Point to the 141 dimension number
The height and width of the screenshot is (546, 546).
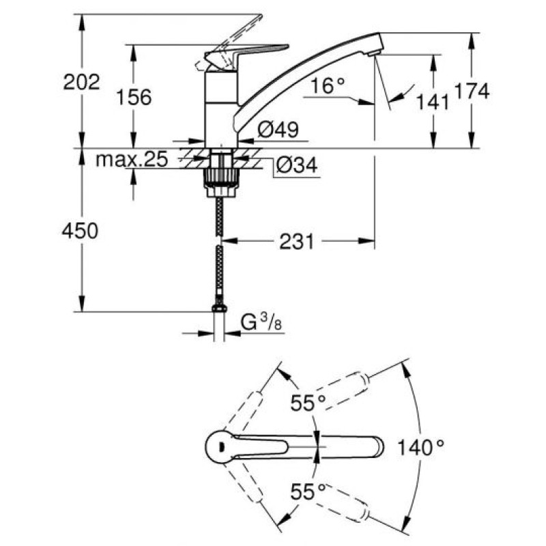pos(433,102)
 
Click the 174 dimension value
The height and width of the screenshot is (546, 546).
pos(474,91)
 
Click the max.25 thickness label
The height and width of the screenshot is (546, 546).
pos(131,160)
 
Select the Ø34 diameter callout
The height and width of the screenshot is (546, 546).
pos(296,166)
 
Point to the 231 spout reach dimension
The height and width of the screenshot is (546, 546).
pos(298,241)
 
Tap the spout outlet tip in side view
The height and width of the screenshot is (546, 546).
pos(373,51)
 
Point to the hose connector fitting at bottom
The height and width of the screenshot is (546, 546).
pos(218,311)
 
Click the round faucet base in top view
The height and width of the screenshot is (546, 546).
pos(218,448)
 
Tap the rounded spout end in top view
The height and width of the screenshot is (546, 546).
pos(377,448)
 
